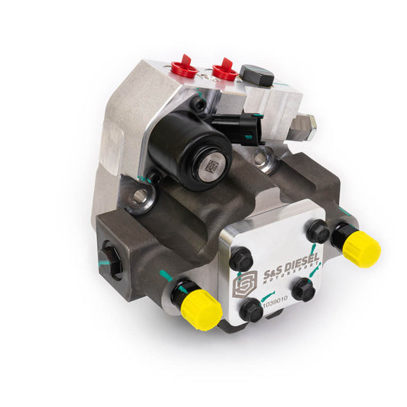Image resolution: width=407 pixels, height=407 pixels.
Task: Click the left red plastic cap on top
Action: [184, 66]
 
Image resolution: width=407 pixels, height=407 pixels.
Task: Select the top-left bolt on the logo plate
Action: [241, 260]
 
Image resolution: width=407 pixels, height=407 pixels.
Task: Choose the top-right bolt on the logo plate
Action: [318, 232]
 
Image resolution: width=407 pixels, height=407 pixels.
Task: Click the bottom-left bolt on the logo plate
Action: [251, 309]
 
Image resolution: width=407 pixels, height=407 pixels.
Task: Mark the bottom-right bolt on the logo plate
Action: [304, 289]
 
